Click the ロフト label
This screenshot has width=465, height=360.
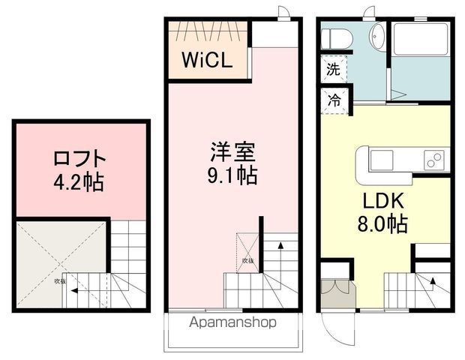point(79,160)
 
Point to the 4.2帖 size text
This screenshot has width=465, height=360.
point(79,182)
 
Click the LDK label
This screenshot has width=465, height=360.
point(384,201)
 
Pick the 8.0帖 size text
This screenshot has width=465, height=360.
point(384,223)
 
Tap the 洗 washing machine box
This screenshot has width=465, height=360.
point(332,70)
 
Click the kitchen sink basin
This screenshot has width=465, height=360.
point(381,160)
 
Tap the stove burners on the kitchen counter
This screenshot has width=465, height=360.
point(433,160)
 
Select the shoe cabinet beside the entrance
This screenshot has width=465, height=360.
point(333,292)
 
